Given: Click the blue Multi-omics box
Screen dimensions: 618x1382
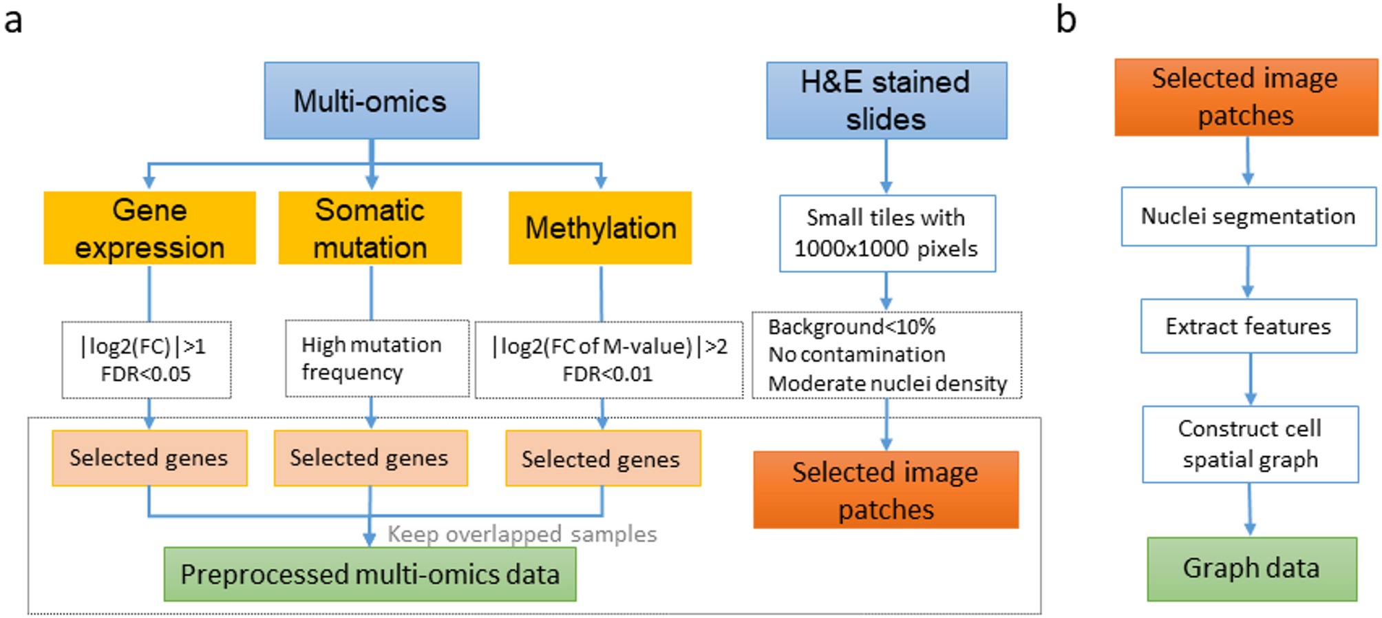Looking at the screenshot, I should (371, 101).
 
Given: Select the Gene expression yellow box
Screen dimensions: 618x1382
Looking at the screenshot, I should (149, 228).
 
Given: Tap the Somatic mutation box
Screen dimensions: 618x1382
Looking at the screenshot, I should (370, 228).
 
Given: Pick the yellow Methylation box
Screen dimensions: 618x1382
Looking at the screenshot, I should (599, 228).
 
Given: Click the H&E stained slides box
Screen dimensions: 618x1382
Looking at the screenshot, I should (886, 101).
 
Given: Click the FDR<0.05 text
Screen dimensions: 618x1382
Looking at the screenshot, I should (145, 374).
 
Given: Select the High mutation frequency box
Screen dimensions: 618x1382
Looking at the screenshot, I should (376, 358).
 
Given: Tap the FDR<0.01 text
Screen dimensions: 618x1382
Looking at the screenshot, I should (607, 374).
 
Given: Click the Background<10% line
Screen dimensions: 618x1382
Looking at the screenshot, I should (851, 327).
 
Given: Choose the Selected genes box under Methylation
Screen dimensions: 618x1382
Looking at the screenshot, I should (602, 459).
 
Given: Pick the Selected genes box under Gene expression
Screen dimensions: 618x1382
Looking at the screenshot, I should (149, 458).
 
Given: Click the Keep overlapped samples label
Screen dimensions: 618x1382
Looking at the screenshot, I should (522, 534).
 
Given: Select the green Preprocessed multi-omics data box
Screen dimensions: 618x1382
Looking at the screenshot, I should (370, 574).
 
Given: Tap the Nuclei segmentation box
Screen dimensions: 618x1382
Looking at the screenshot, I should (1248, 216).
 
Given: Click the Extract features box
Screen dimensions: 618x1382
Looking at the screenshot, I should (1248, 326).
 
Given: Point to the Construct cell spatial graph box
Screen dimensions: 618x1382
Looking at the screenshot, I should (1250, 444).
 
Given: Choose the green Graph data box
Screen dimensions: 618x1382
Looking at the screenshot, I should (1251, 568).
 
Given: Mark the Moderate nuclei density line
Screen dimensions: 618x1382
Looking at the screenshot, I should (887, 383).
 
